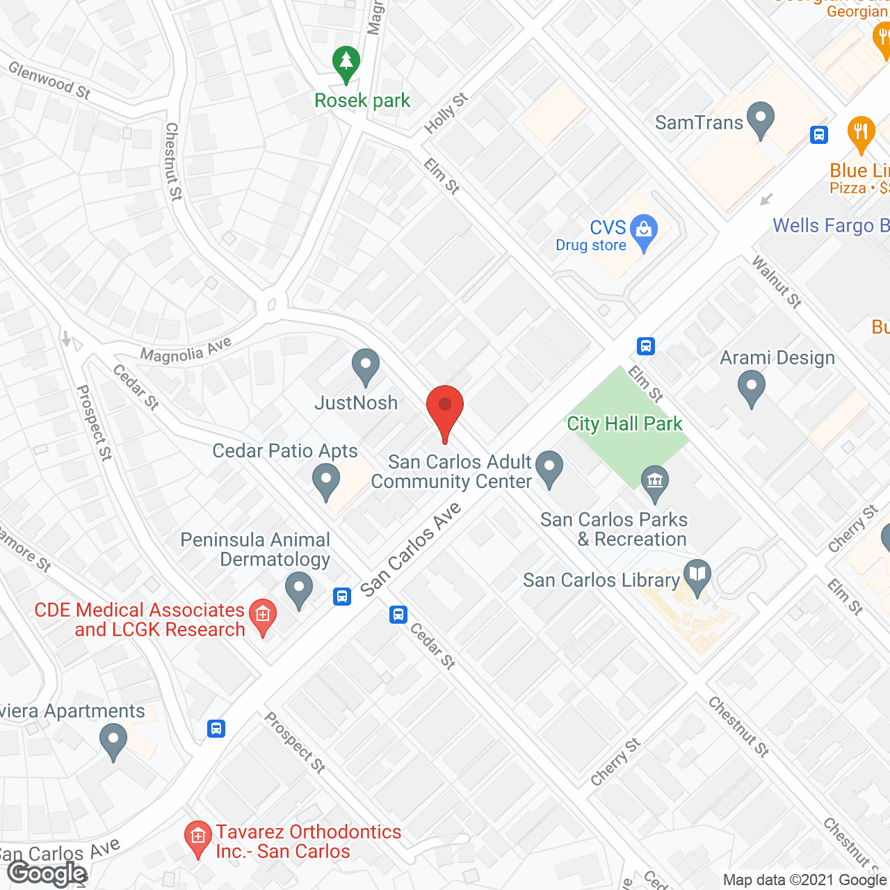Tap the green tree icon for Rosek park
tap(346, 64)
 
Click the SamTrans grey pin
tap(761, 119)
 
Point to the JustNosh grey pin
tap(365, 366)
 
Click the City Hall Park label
tap(624, 423)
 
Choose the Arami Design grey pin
tap(751, 387)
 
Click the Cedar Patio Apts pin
tap(325, 480)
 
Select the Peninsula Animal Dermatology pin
tap(299, 589)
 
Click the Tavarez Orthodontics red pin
tap(197, 837)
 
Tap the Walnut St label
tap(777, 281)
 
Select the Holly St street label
tap(446, 113)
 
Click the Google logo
tap(47, 873)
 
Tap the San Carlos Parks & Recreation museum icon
tap(654, 481)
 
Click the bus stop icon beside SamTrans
tap(819, 135)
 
